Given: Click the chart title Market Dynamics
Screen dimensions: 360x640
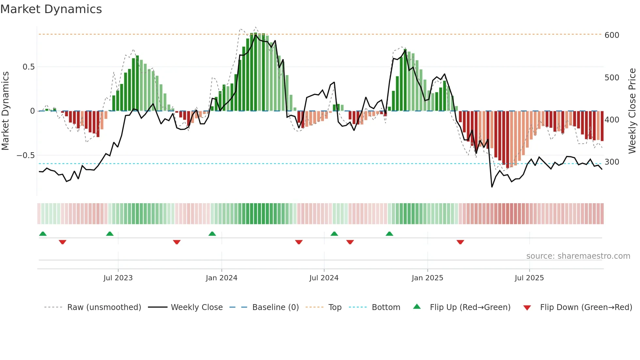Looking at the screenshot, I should (51, 9).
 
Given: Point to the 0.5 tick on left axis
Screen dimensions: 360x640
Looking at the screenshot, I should (28, 67).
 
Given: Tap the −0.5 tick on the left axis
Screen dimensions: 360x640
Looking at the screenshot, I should (26, 155).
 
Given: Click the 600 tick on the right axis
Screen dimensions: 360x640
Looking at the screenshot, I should (612, 35).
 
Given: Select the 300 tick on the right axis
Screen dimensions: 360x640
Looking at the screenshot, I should (612, 162).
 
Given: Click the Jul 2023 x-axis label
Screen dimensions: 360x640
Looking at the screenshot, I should (118, 278).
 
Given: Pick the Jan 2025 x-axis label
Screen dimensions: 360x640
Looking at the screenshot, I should (427, 278).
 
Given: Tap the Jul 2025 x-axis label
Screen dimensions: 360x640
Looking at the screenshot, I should (529, 278).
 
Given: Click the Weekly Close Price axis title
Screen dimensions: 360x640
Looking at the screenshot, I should (632, 111).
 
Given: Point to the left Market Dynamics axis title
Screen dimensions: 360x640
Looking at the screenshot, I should (5, 111).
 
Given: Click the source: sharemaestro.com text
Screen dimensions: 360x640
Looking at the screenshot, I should (578, 256).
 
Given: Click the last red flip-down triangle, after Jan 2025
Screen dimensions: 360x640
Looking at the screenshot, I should (460, 242).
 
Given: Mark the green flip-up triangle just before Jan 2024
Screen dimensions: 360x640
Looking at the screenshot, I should (212, 234).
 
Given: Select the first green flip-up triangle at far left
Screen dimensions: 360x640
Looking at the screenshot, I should (43, 234).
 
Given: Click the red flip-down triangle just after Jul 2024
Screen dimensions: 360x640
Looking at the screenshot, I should (350, 242).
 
